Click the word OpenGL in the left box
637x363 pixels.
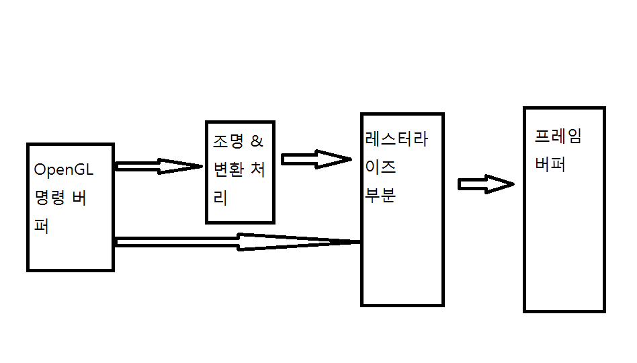tap(63, 169)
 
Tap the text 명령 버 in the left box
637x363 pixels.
tap(60, 198)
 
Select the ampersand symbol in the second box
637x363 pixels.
tap(257, 142)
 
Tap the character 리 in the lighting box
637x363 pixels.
tap(220, 198)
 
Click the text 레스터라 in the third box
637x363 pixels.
tap(396, 139)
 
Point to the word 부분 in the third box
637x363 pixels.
tap(380, 195)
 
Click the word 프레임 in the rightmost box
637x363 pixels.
tap(558, 136)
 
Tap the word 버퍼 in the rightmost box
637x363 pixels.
tap(550, 165)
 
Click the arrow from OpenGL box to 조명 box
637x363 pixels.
tap(159, 166)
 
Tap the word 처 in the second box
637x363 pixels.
tap(257, 170)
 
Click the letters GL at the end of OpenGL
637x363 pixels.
tap(83, 169)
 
